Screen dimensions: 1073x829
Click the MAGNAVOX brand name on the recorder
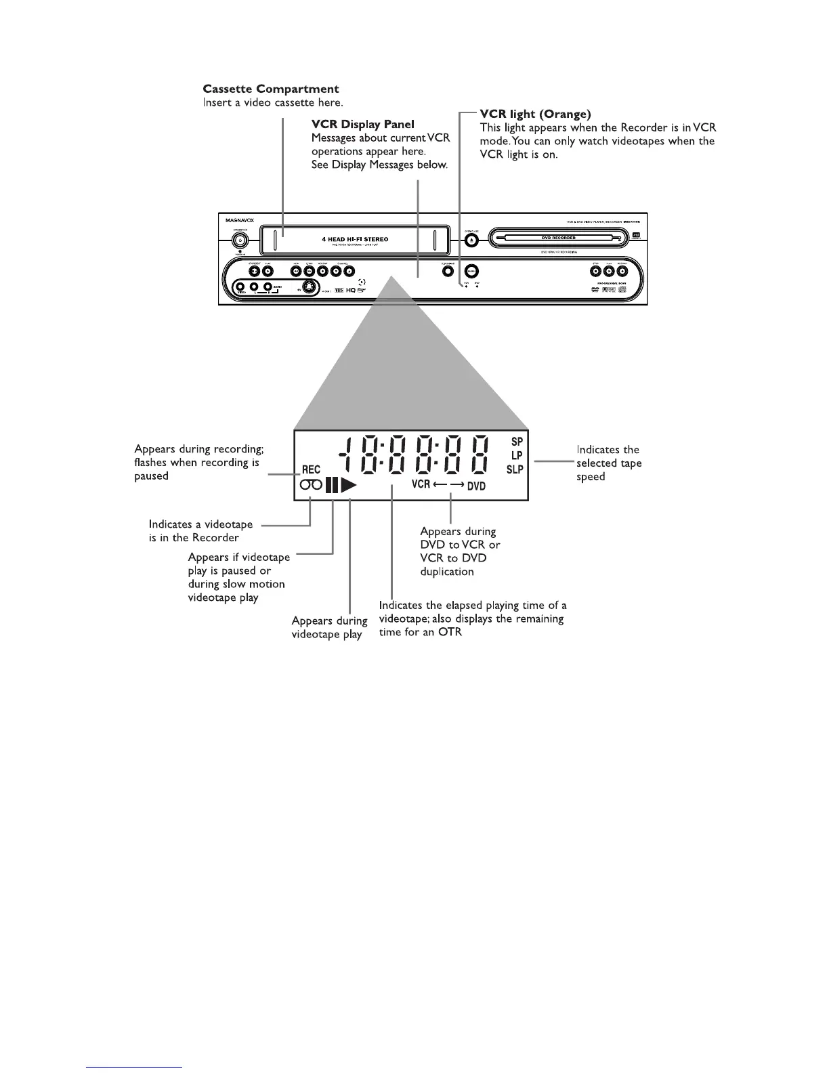coord(240,219)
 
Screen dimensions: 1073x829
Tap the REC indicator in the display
coord(311,469)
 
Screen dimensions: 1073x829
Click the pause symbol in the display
coord(331,485)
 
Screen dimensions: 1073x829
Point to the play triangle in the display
coord(348,485)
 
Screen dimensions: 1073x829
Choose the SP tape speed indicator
coord(517,442)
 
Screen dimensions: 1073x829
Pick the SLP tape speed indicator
coord(515,469)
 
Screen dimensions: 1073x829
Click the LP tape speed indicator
coord(517,455)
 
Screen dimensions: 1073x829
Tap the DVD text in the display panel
coord(476,486)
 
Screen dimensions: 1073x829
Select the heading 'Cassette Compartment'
coord(271,89)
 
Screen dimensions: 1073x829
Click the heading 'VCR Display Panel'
coord(362,125)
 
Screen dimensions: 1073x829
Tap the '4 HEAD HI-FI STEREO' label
coord(355,239)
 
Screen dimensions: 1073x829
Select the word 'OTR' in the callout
coord(450,632)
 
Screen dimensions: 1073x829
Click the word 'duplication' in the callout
coord(447,571)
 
